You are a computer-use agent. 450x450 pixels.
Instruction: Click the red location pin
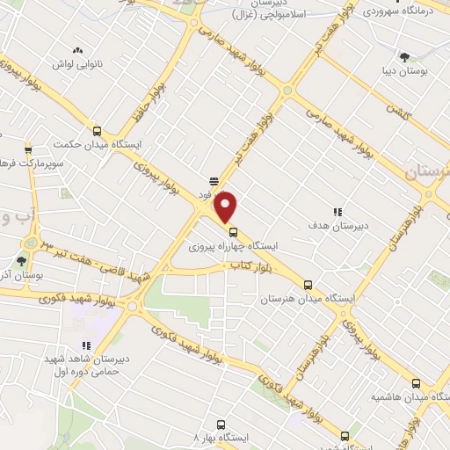[x=226, y=207]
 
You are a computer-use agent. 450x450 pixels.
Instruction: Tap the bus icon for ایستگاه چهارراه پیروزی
[x=233, y=233]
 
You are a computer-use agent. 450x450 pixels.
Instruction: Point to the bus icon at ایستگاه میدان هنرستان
[x=308, y=285]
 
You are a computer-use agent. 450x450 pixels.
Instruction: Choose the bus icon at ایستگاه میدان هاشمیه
[x=417, y=383]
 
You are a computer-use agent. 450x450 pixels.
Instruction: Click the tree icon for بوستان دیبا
[x=403, y=57]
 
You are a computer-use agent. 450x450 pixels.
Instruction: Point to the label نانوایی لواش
[x=76, y=65]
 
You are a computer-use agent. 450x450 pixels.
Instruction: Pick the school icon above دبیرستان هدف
[x=337, y=211]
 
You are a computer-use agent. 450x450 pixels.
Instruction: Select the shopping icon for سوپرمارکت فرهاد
[x=28, y=149]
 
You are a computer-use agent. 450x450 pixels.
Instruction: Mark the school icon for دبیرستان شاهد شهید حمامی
[x=85, y=346]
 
